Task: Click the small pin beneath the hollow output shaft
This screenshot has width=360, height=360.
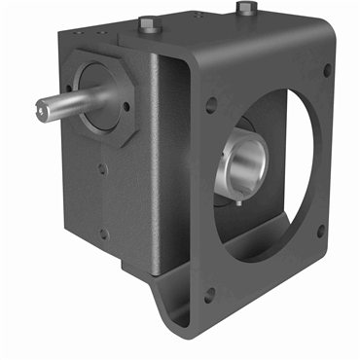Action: click(x=238, y=203)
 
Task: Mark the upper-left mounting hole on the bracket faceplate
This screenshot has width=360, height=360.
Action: click(x=211, y=105)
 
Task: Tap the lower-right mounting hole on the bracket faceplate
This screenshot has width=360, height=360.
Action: click(x=322, y=231)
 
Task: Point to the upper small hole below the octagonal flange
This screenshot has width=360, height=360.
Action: click(x=102, y=167)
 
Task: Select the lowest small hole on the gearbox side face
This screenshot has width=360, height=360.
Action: click(x=102, y=233)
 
